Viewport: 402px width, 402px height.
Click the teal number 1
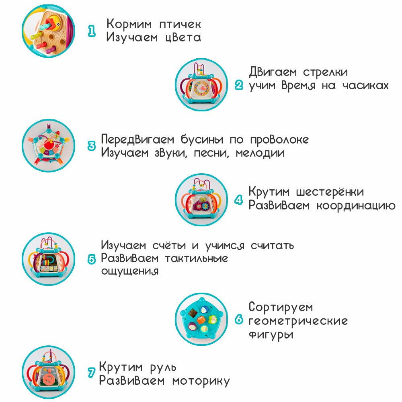(92, 31)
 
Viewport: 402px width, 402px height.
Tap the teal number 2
(239, 85)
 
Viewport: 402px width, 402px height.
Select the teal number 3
(92, 146)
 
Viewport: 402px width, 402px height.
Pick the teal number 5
(92, 258)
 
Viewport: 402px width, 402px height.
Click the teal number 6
(239, 320)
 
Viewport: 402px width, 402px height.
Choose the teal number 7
(91, 373)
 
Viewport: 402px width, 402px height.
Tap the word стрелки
(328, 72)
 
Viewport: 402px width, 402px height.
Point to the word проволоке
(279, 139)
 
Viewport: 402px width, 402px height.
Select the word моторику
(201, 380)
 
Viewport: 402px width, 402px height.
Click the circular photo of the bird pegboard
(48, 31)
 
